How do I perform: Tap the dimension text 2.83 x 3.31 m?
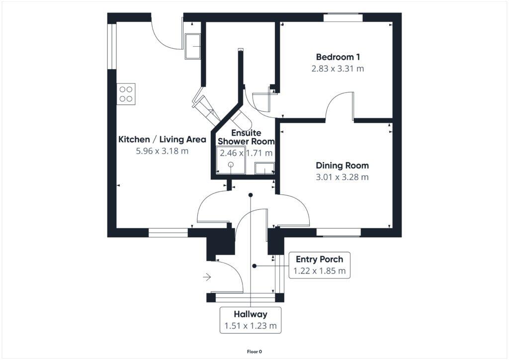(x=338, y=69)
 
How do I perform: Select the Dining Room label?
(x=342, y=165)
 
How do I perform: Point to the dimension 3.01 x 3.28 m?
(x=342, y=177)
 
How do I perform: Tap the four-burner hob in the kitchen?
(x=126, y=93)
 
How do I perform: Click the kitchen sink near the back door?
(x=192, y=46)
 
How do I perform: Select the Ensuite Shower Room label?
(x=247, y=137)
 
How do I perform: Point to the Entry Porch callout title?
(x=319, y=260)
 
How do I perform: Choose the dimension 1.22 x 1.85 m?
(x=319, y=271)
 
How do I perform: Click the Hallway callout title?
(x=251, y=314)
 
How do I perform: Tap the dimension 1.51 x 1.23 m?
(x=251, y=327)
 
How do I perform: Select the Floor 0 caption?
(x=254, y=352)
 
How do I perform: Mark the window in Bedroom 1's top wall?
(x=343, y=18)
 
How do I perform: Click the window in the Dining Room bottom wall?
(x=339, y=232)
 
